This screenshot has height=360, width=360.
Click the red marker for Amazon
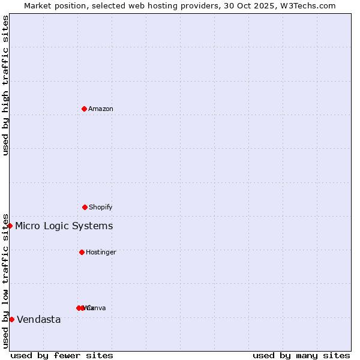click(x=85, y=109)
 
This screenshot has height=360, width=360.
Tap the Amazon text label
click(x=101, y=109)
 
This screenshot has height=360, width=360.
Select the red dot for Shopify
click(x=85, y=207)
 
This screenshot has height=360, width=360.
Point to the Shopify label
click(x=101, y=208)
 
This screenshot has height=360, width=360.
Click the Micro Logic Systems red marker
click(x=10, y=226)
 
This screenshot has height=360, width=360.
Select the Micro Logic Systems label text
click(x=64, y=226)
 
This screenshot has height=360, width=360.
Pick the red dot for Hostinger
click(x=82, y=252)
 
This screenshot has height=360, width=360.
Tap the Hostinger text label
click(x=101, y=253)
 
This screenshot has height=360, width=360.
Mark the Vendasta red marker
click(x=11, y=319)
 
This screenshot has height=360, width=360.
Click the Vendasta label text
click(x=39, y=320)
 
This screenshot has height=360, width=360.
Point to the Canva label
click(x=97, y=308)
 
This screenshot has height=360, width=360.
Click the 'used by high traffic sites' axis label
click(x=6, y=85)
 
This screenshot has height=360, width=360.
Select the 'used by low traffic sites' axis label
click(x=6, y=281)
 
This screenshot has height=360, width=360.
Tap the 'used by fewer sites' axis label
click(x=62, y=356)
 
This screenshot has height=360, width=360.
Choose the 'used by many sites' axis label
click(x=301, y=356)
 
